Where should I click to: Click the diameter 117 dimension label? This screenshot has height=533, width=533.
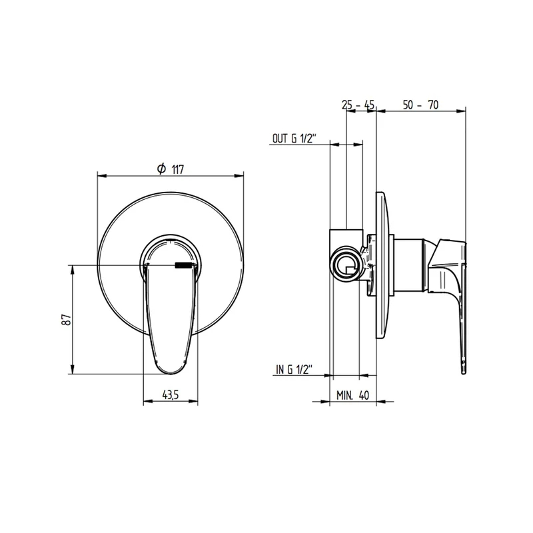click(171, 169)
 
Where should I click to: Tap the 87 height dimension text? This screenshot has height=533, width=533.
click(67, 320)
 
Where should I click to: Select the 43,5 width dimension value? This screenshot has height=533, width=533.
click(171, 394)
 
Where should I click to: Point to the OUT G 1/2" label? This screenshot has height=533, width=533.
click(294, 139)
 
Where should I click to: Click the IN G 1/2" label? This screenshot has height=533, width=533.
click(294, 370)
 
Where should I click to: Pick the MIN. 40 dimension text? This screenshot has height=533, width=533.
click(352, 395)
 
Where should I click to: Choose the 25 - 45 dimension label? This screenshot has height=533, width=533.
click(358, 105)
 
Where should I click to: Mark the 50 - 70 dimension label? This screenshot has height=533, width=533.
click(421, 105)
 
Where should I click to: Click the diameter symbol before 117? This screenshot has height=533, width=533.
click(161, 169)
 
